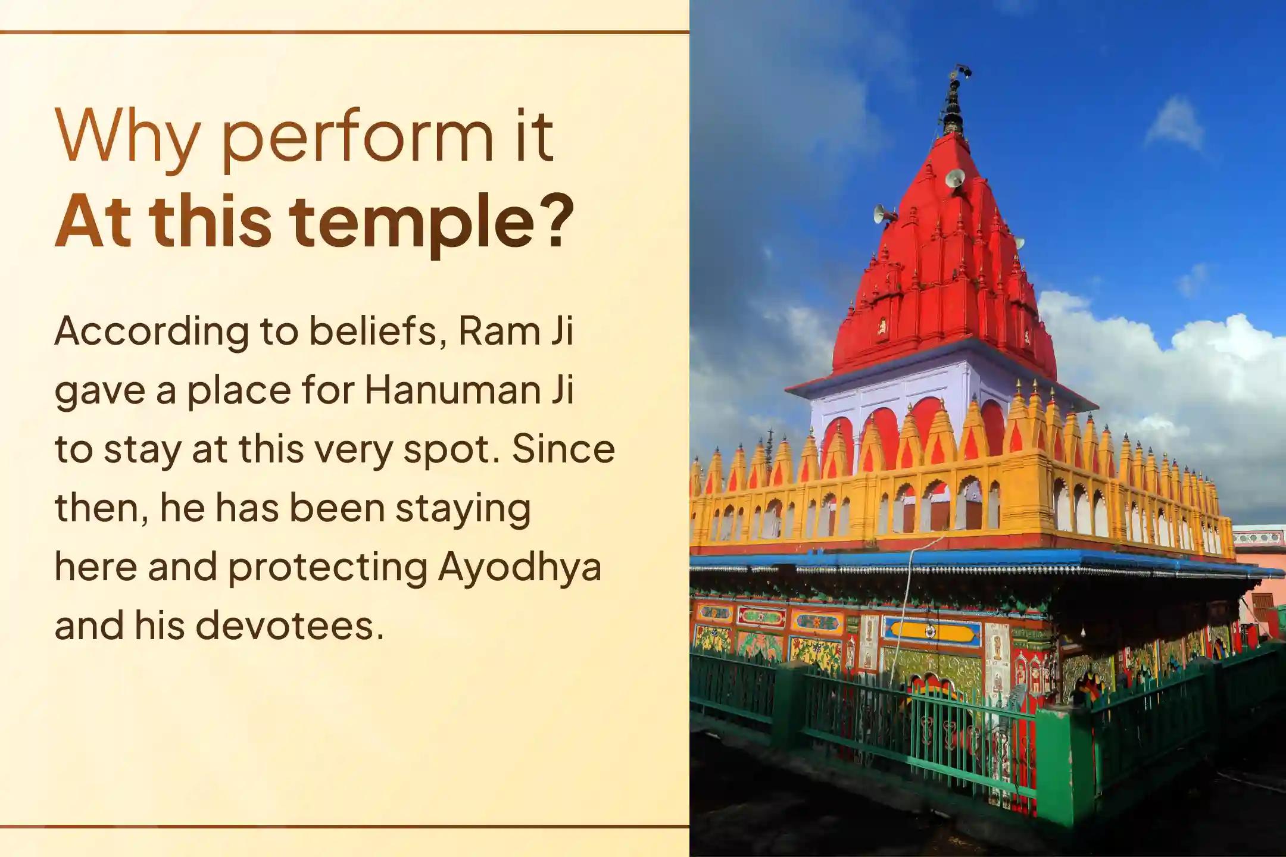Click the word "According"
click(x=151, y=332)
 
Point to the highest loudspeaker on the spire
click(x=954, y=177)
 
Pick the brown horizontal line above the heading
click(x=344, y=32)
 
